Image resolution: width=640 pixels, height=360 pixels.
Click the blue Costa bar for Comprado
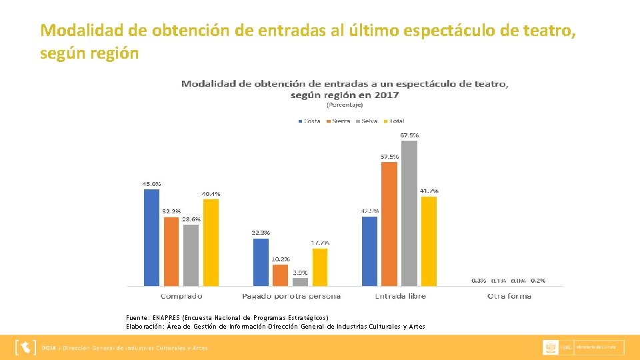pyautogui.click(x=151, y=237)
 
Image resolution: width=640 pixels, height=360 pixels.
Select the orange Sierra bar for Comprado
pyautogui.click(x=171, y=251)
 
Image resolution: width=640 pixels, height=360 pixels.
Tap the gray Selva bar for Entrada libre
pyautogui.click(x=409, y=213)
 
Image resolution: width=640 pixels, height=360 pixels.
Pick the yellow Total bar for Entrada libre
pyautogui.click(x=429, y=241)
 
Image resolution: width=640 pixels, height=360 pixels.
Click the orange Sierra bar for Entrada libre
pyautogui.click(x=389, y=223)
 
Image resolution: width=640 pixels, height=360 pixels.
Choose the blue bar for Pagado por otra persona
pyautogui.click(x=261, y=262)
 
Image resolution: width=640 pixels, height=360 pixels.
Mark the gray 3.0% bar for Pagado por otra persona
pyautogui.click(x=300, y=281)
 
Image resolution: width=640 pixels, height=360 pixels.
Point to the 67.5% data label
pyautogui.click(x=409, y=135)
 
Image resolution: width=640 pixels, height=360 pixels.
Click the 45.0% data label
pyautogui.click(x=151, y=183)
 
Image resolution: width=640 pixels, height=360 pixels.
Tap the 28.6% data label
pyautogui.click(x=191, y=219)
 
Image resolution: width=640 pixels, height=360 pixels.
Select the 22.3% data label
pyautogui.click(x=261, y=233)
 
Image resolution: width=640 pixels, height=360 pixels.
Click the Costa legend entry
pyautogui.click(x=308, y=121)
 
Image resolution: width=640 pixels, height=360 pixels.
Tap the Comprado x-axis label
pyautogui.click(x=181, y=295)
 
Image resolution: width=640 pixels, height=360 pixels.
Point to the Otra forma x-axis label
pyautogui.click(x=509, y=295)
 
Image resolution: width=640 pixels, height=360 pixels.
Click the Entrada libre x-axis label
pyautogui.click(x=400, y=295)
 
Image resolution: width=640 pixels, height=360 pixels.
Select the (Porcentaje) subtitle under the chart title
pyautogui.click(x=345, y=105)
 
